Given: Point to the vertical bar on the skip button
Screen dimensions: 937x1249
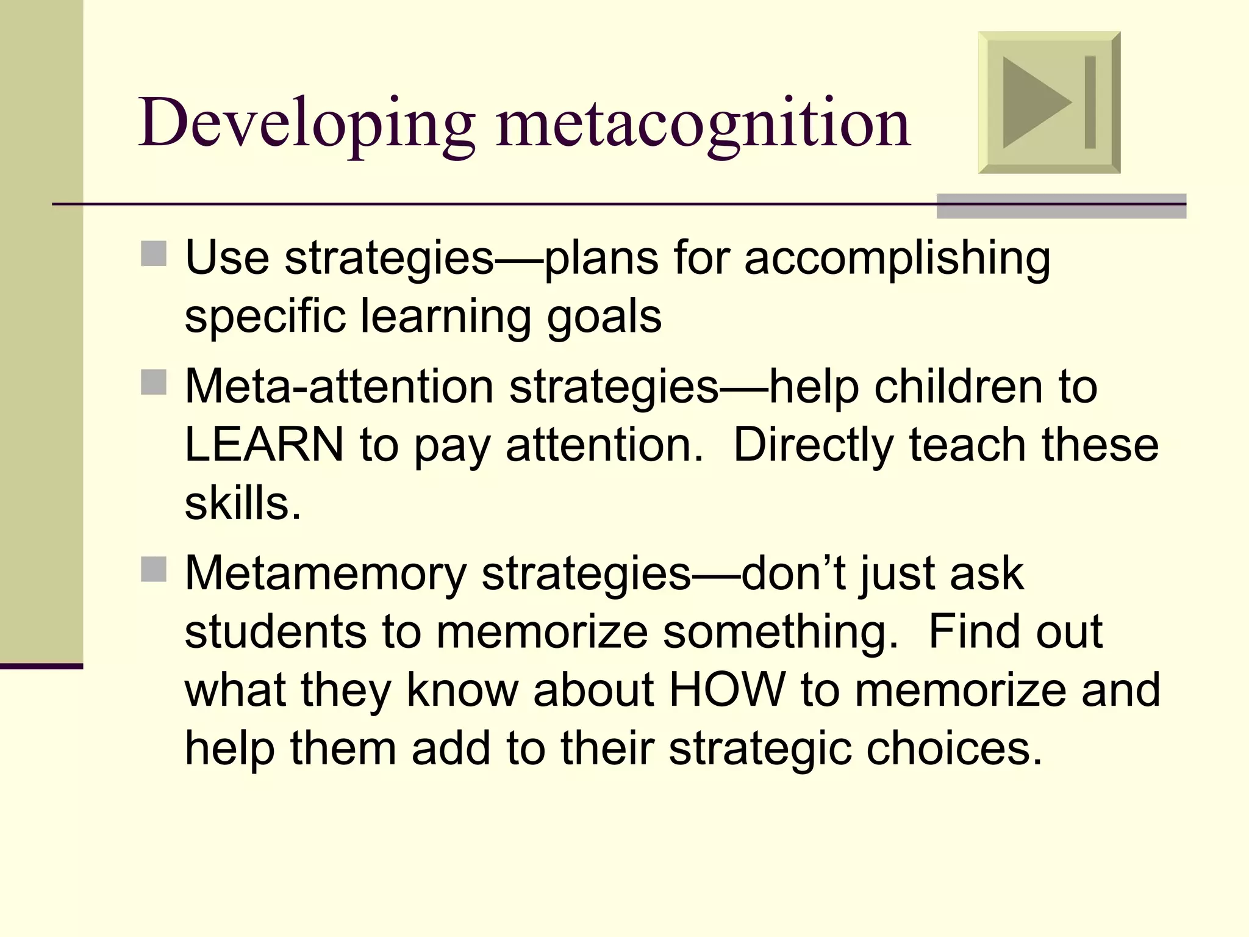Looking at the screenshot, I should point(1090,102).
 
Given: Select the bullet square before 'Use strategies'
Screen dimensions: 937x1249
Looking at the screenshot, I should point(154,254).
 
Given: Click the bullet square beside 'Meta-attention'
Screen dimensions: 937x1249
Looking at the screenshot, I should point(154,382).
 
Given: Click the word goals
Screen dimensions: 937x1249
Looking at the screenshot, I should point(604,317).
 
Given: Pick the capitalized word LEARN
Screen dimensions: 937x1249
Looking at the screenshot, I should point(264,445).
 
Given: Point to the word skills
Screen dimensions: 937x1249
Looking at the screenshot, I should point(243,504).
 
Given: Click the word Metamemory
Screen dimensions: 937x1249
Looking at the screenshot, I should point(325,575).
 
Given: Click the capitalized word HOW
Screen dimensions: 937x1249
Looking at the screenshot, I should point(727,691).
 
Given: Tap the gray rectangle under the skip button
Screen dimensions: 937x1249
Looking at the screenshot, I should point(1061,206).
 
